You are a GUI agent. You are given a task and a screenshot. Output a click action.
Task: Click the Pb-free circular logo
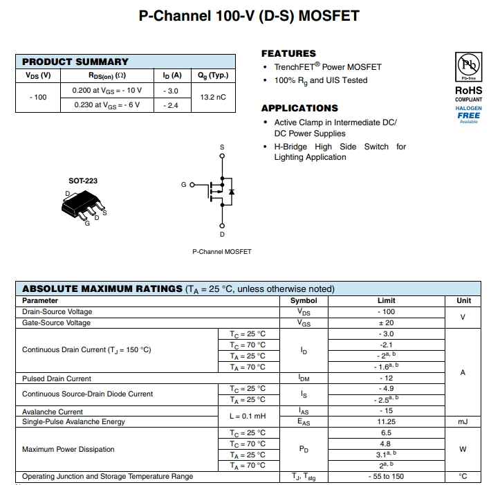(468, 66)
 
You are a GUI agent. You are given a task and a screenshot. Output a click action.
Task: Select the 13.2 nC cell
(212, 98)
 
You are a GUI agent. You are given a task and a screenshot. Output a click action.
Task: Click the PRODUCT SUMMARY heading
(75, 62)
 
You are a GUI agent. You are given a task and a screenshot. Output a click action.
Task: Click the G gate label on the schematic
(183, 185)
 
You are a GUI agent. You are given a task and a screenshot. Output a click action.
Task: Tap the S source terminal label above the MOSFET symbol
(222, 147)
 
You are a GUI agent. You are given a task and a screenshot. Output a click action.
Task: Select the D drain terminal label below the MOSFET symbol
(222, 235)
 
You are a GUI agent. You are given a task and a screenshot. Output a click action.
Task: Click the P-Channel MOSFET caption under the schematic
(222, 251)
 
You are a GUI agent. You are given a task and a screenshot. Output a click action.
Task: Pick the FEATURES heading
(288, 53)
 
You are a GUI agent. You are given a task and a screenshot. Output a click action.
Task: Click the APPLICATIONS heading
(299, 108)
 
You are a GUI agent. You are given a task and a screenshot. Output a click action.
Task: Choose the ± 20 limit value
(386, 322)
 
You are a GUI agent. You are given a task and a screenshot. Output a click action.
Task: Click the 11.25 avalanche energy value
(386, 421)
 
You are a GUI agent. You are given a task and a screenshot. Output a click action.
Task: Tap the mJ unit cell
(463, 421)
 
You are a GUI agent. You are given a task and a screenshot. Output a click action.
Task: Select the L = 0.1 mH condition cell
(247, 416)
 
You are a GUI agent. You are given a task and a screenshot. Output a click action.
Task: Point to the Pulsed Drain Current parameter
(57, 378)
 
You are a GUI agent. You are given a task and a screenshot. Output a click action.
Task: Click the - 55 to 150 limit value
(386, 476)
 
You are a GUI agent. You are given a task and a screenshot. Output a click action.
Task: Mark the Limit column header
(386, 300)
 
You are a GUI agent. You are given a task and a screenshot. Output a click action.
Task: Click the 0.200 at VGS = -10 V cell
(107, 91)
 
